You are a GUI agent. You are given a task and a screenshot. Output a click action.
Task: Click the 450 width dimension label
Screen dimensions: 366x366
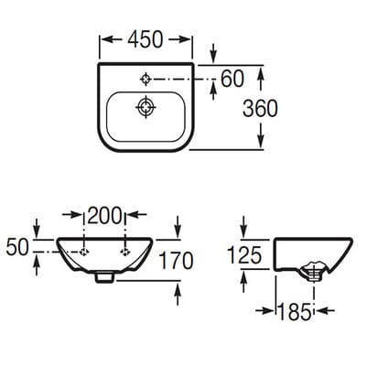coord(146,40)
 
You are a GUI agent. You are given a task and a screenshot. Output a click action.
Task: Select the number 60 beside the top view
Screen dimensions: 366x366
coord(233,80)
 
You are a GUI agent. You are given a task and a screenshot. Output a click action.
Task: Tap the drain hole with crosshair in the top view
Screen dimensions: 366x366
coord(145,109)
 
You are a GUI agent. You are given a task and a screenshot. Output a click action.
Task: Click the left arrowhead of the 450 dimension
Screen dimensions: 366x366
coord(102,40)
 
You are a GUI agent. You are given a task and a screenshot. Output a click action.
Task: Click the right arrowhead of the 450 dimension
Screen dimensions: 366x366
coord(191,40)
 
